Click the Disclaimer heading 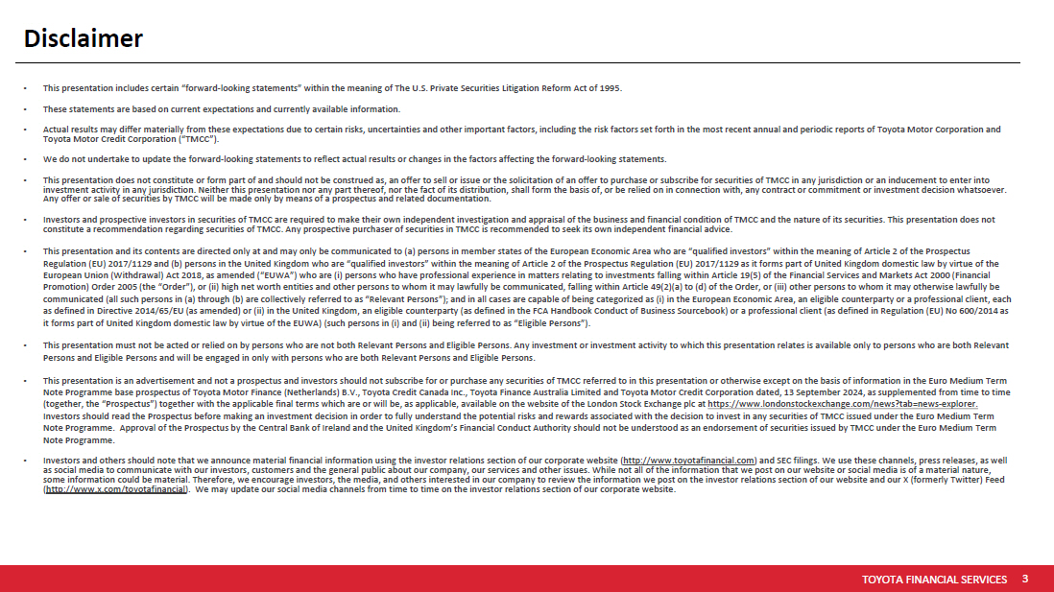(x=84, y=38)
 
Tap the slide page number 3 (x=1025, y=579)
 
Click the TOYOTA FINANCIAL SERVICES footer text (x=934, y=580)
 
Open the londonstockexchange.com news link (x=843, y=405)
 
